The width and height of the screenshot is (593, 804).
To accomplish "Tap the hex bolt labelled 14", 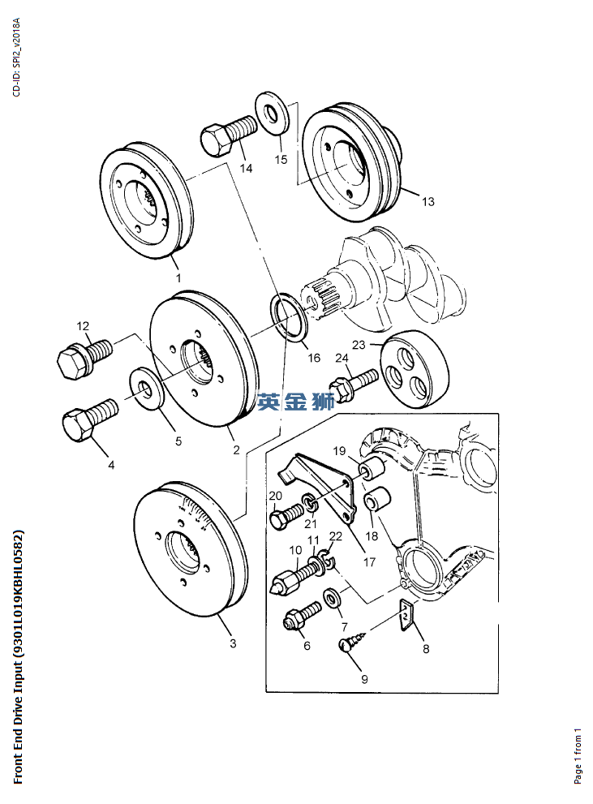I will (x=230, y=135).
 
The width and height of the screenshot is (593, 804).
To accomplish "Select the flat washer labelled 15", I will (x=273, y=114).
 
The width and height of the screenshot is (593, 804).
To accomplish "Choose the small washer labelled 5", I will (x=147, y=385).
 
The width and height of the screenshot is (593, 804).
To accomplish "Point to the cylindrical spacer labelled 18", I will (x=377, y=501).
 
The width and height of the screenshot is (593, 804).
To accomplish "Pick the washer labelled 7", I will (x=333, y=600).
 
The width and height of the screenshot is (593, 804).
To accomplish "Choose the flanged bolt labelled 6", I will (x=300, y=618).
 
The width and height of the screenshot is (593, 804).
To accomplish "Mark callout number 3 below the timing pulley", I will (x=233, y=644).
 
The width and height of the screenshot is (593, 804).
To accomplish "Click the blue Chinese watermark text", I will (x=295, y=401).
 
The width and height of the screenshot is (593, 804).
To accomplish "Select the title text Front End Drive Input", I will (x=18, y=657).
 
